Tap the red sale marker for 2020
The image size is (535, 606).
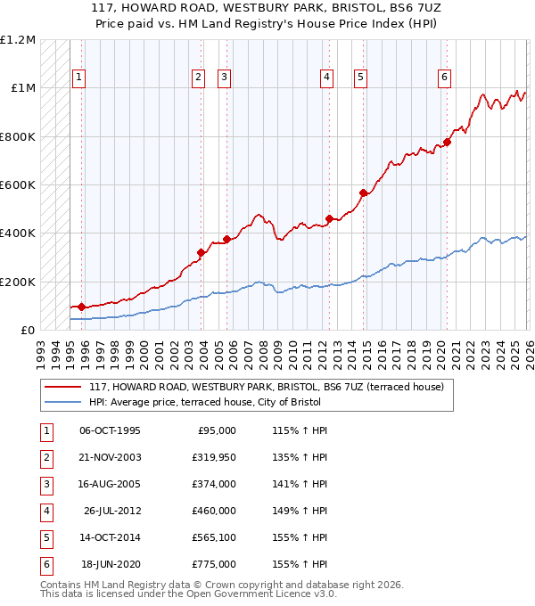click(x=447, y=142)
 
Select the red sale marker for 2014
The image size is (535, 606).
click(x=363, y=193)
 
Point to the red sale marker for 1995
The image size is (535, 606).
click(x=82, y=307)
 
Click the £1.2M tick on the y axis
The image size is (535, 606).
click(x=18, y=40)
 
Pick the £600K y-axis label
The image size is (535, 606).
click(x=18, y=185)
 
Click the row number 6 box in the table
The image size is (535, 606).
click(x=45, y=564)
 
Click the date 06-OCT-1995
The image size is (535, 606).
click(x=110, y=430)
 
